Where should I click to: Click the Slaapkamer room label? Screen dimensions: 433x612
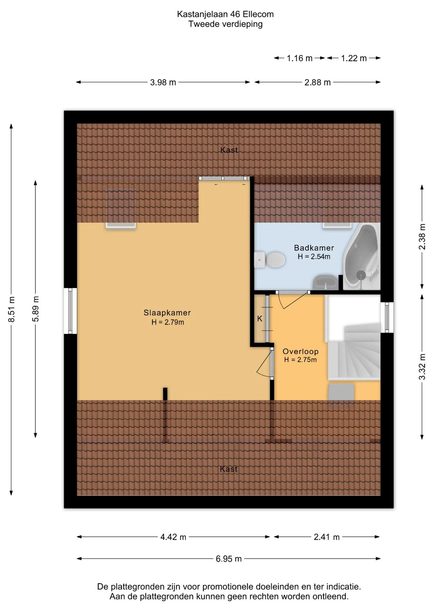point(167,313)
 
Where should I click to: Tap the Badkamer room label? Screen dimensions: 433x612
point(314,248)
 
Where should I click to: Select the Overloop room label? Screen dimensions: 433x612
point(301,351)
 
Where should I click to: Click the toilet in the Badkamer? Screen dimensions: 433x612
point(270,260)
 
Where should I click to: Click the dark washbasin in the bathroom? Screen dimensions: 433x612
point(326,282)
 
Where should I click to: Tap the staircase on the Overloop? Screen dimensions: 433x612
point(354,351)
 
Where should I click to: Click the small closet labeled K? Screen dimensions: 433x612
point(260,318)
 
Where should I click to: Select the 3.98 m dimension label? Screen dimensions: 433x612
point(163,82)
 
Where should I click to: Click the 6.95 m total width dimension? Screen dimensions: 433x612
point(229,558)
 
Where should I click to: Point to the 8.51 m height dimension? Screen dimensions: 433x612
point(11,309)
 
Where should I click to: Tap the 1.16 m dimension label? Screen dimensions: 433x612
point(299,58)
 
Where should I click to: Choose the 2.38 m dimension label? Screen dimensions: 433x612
point(422,237)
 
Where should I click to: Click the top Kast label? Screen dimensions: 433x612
point(229,150)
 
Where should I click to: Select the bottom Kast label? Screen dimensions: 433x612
point(229,469)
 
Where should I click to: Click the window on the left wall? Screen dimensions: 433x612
point(70,311)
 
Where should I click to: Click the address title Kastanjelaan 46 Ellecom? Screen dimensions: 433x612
point(225,14)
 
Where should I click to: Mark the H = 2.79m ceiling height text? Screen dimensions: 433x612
point(168,322)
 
